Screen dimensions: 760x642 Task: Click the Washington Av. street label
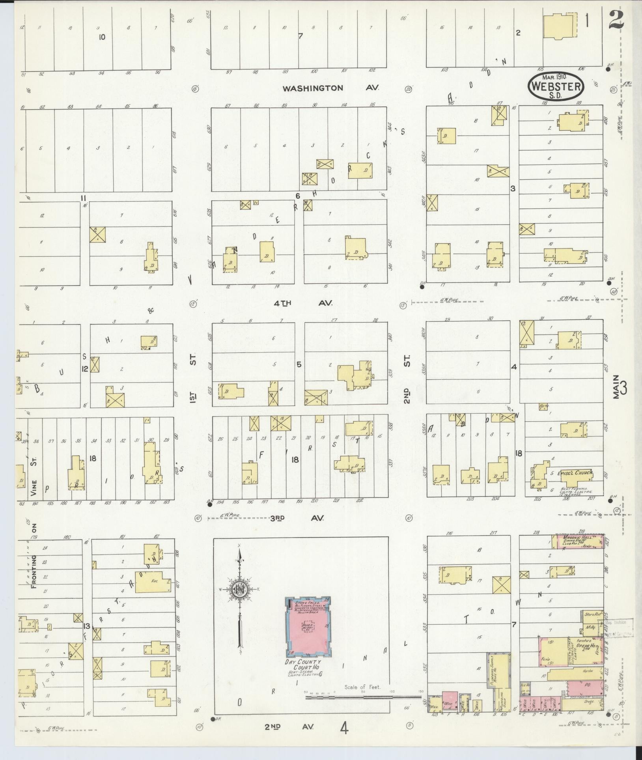[x=330, y=88]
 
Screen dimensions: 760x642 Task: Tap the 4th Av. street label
[x=303, y=303]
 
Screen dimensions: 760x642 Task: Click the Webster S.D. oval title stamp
[x=556, y=85]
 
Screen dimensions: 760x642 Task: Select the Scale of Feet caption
[x=362, y=687]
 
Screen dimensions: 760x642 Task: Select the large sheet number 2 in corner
[x=616, y=20]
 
